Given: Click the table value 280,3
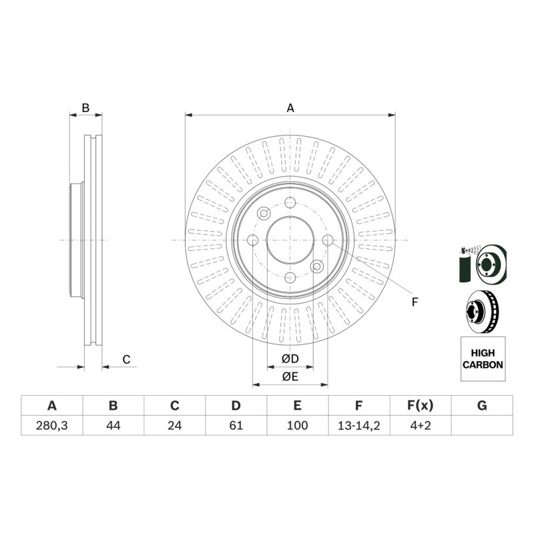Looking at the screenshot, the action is (52, 425).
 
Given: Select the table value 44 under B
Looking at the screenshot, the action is (113, 425).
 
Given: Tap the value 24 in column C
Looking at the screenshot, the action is (174, 425).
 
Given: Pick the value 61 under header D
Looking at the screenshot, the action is (236, 425).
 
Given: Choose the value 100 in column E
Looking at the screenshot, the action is (297, 425).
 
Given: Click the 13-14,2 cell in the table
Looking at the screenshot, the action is (358, 425).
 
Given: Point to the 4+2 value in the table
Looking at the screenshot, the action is (421, 425).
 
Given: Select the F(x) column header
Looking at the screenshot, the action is (421, 406).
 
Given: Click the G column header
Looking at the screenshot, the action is (482, 406).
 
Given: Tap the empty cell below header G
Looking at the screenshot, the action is (482, 425).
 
